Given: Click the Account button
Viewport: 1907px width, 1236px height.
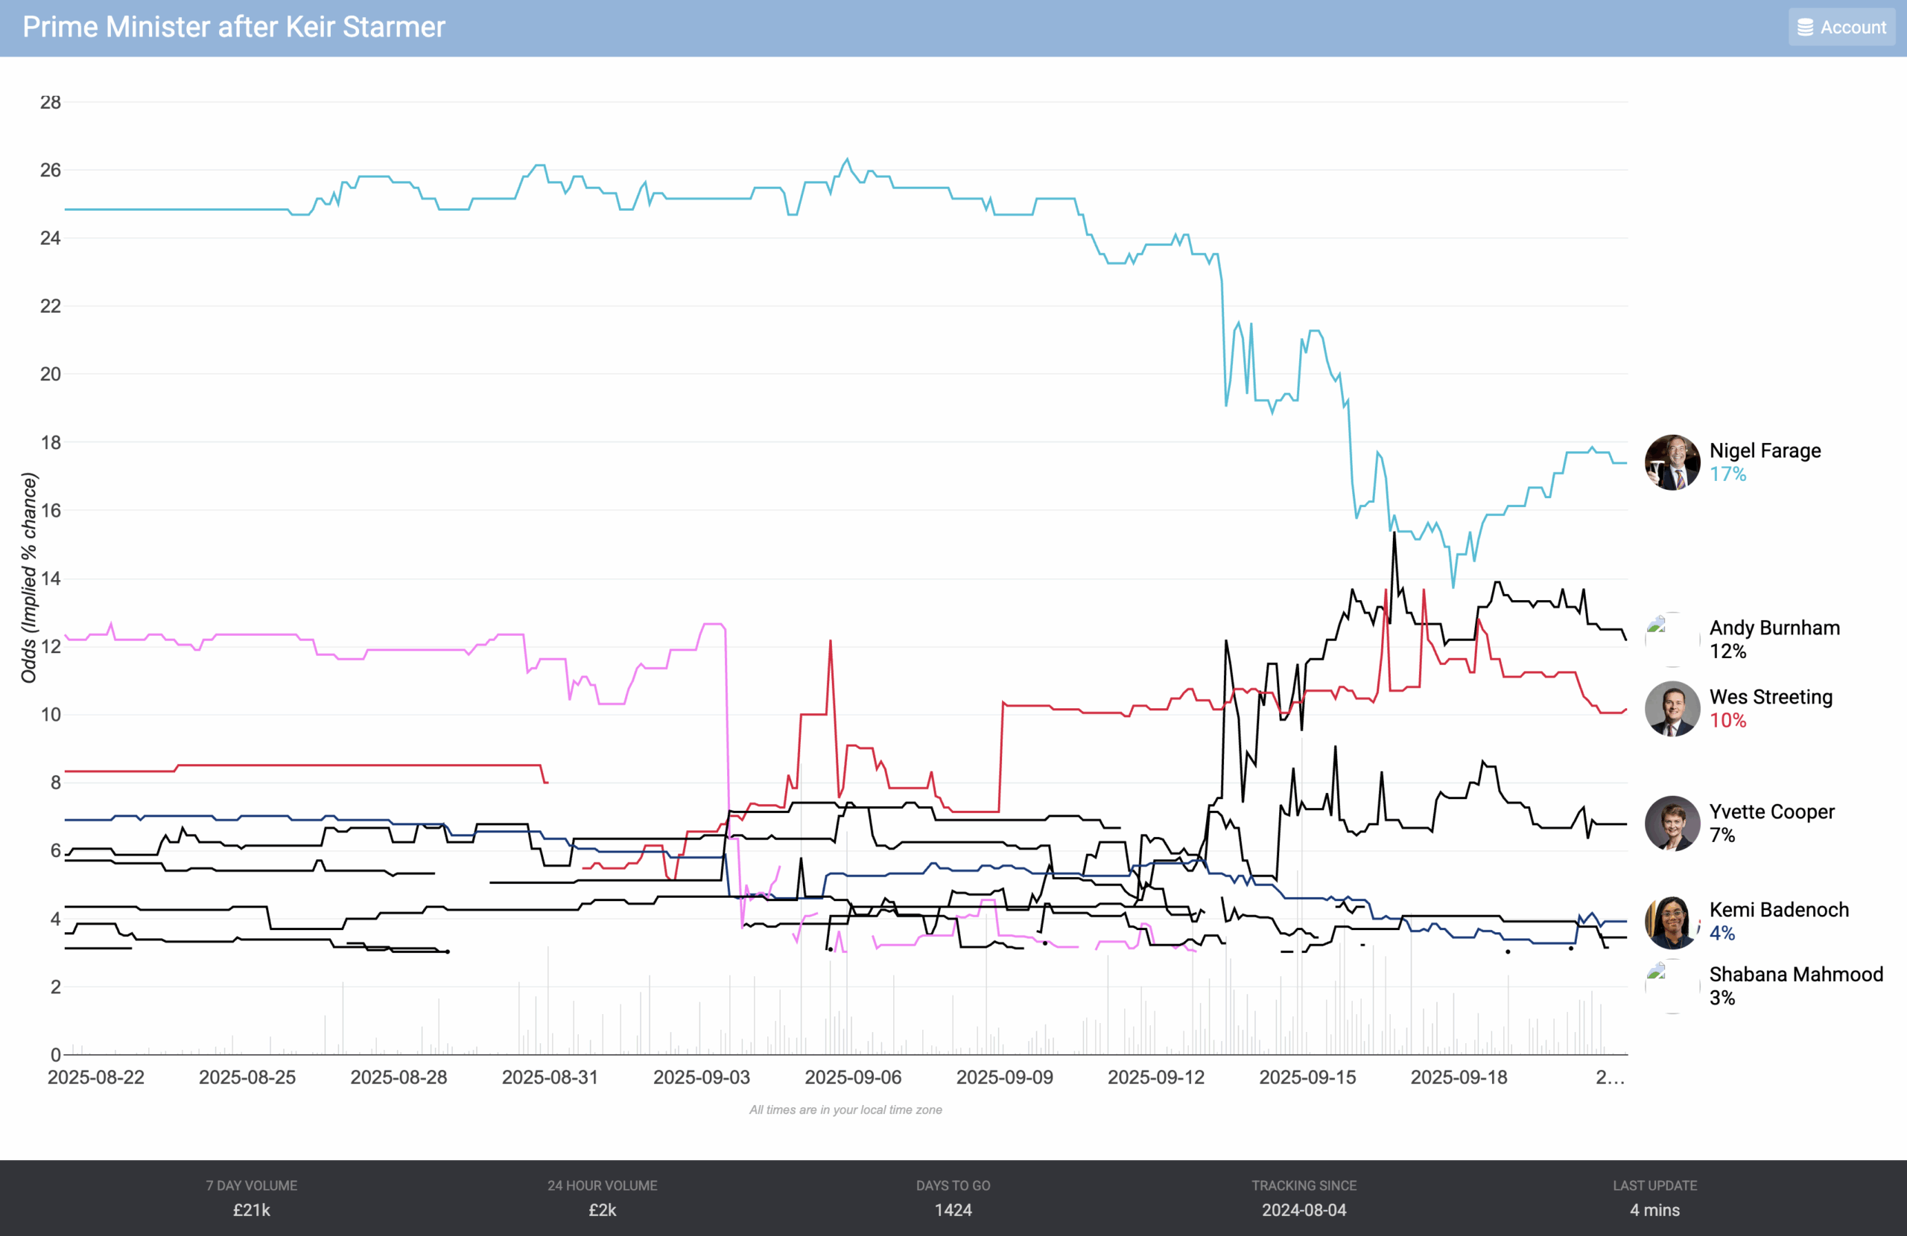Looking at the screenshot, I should pos(1841,28).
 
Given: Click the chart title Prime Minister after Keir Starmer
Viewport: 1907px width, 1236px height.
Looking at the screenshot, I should pos(233,28).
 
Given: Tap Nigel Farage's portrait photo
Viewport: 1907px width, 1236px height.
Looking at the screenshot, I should pos(1672,462).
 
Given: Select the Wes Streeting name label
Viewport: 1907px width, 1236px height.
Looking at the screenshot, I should pos(1771,697).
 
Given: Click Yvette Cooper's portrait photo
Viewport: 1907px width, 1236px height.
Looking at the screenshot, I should pos(1672,823).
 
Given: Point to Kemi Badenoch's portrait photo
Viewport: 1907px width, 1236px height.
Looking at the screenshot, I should pos(1672,921).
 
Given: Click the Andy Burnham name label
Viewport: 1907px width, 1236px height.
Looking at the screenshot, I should pos(1774,628).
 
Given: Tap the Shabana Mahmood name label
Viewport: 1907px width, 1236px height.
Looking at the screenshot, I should pos(1795,974).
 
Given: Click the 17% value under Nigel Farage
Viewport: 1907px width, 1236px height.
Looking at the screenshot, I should pos(1727,474).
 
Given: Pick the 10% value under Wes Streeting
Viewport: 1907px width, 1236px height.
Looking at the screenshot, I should pos(1727,720).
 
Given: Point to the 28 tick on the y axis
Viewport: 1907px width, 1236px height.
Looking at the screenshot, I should pos(51,103).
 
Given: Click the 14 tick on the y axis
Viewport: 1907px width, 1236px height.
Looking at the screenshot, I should pos(51,579).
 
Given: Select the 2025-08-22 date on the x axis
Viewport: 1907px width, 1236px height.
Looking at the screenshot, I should pos(96,1077).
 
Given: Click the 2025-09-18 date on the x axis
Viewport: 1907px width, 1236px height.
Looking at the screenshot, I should pos(1459,1077).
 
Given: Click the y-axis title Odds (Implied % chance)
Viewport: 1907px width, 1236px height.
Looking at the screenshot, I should pos(30,578).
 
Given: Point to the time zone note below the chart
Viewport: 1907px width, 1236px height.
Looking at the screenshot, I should pos(845,1109).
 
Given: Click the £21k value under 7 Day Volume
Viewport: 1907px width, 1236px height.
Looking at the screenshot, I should pos(252,1209).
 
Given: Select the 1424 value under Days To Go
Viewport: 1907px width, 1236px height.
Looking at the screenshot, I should pos(953,1209).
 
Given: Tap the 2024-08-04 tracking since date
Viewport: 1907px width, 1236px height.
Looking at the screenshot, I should pos(1304,1209).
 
